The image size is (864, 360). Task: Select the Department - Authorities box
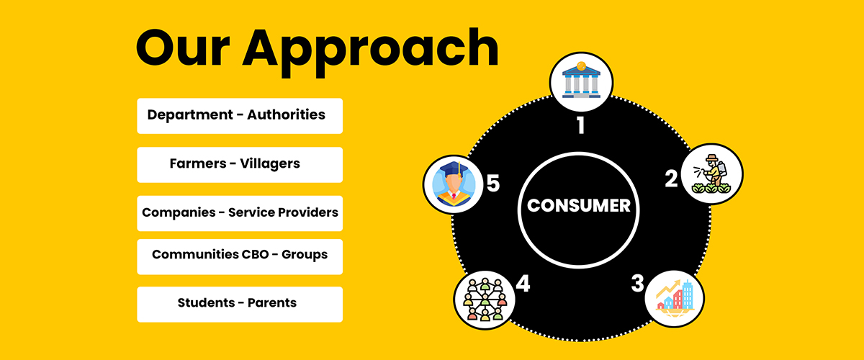[239, 115]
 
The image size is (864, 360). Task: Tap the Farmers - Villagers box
[239, 164]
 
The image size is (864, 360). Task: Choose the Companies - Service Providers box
[239, 213]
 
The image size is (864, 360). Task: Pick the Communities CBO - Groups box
[239, 256]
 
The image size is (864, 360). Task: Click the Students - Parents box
[239, 303]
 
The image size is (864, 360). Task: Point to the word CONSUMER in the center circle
[579, 206]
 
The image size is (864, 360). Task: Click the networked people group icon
[484, 297]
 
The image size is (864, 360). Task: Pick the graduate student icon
[454, 184]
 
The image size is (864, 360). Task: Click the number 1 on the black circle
[580, 126]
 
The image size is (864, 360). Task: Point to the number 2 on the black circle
[670, 178]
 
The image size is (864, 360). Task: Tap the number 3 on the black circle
[637, 283]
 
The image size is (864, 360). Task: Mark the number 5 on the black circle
[492, 184]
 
